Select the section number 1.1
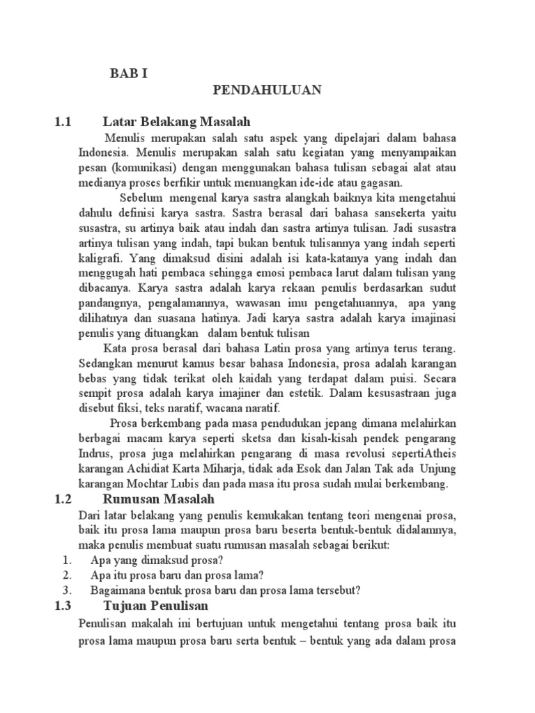click(x=63, y=123)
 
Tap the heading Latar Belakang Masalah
click(x=176, y=123)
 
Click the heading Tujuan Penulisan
click(x=155, y=606)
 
